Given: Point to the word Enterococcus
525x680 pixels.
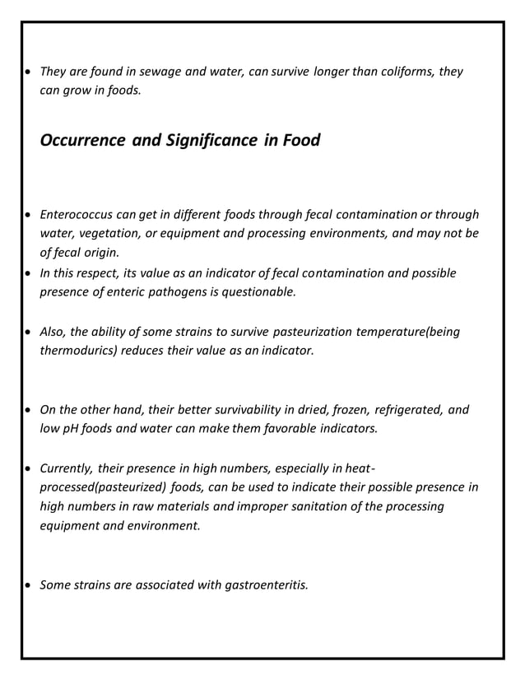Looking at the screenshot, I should tap(77, 216).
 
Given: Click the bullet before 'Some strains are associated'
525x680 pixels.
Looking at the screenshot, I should tap(29, 586).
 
